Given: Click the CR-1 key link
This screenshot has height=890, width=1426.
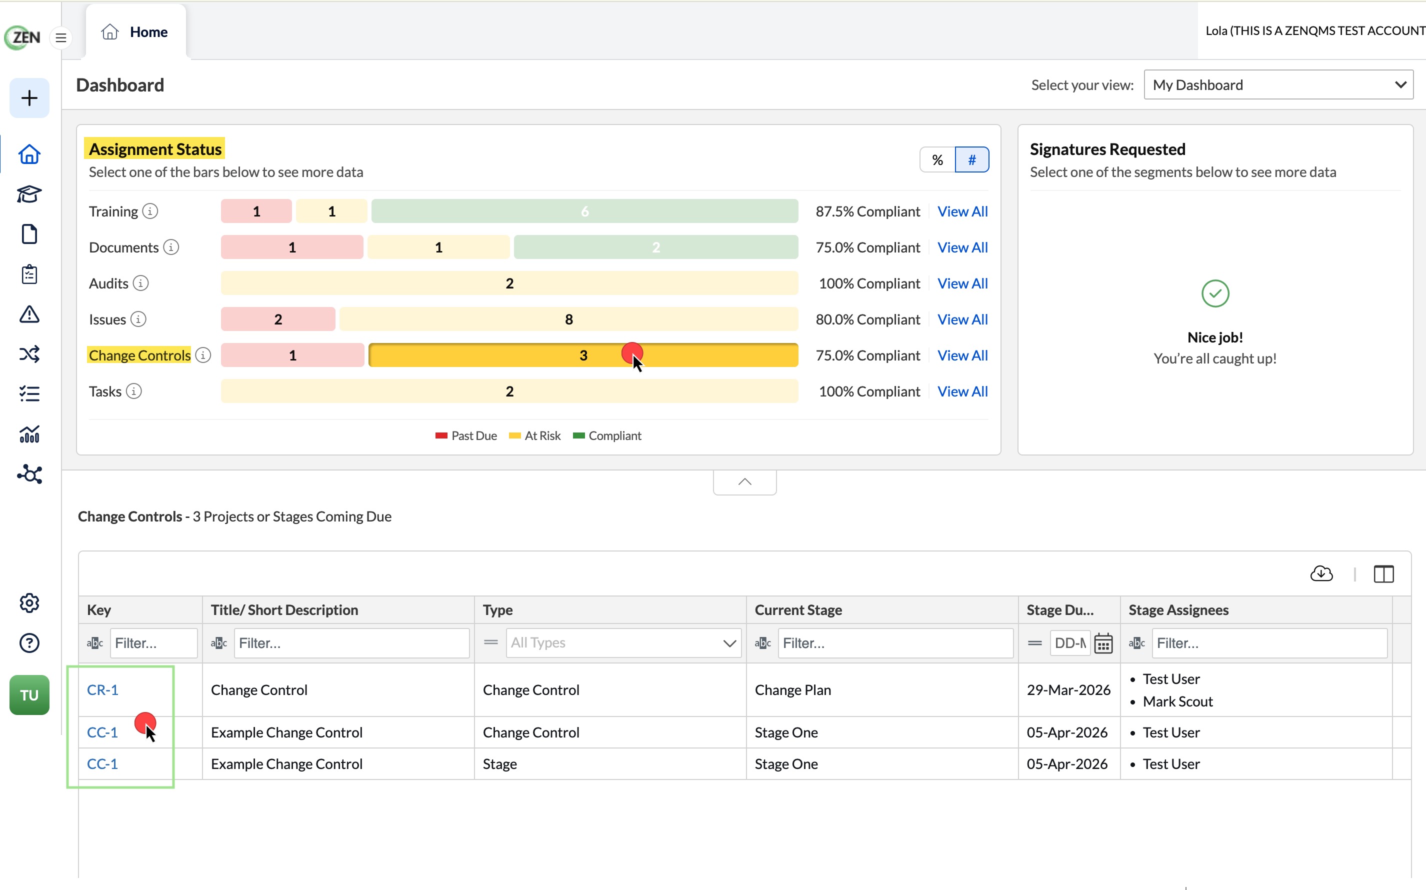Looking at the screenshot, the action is pyautogui.click(x=102, y=689).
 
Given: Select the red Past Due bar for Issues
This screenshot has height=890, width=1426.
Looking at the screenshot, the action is pyautogui.click(x=278, y=319).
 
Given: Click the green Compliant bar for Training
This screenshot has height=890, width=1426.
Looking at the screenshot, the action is pyautogui.click(x=584, y=211).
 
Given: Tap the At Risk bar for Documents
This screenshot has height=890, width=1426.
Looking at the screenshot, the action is pyautogui.click(x=438, y=247).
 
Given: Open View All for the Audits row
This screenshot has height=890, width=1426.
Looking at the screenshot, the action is pyautogui.click(x=962, y=283).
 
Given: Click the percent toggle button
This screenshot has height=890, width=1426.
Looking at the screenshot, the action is pyautogui.click(x=937, y=159).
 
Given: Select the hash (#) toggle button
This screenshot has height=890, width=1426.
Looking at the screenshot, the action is pyautogui.click(x=971, y=159).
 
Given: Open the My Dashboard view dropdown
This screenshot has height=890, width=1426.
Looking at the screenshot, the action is pyautogui.click(x=1278, y=85).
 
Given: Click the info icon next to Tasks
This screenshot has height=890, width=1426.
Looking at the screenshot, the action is pyautogui.click(x=134, y=391).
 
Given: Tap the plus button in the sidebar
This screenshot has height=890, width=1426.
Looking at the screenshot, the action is pyautogui.click(x=29, y=97).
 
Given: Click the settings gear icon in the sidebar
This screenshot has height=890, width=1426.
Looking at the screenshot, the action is pyautogui.click(x=29, y=603).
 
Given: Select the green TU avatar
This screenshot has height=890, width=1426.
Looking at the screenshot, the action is pyautogui.click(x=29, y=694).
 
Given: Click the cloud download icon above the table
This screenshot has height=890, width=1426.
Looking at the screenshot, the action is pyautogui.click(x=1321, y=573).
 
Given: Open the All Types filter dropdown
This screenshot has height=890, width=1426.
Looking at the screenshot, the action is pyautogui.click(x=623, y=643).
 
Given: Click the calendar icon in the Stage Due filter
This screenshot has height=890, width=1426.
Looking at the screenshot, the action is pyautogui.click(x=1103, y=643).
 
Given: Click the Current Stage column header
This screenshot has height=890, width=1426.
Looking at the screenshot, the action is pyautogui.click(x=798, y=610).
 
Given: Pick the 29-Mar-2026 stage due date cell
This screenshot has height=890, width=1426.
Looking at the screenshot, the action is pyautogui.click(x=1068, y=689).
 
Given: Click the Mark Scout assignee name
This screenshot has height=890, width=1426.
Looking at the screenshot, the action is pyautogui.click(x=1177, y=701).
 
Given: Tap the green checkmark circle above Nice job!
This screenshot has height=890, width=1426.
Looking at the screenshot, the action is pyautogui.click(x=1215, y=293).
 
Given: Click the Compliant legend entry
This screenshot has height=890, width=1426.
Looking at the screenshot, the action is pyautogui.click(x=607, y=435).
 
